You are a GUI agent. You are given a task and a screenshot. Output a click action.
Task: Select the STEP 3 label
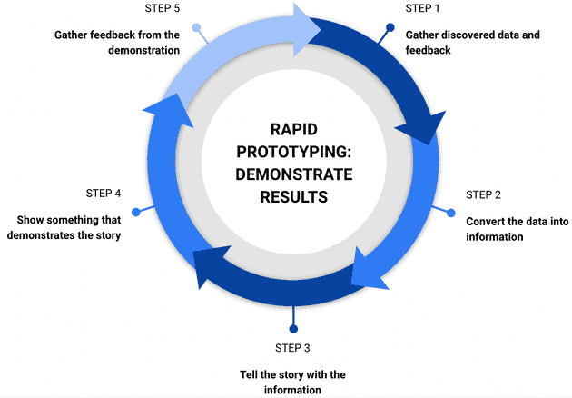tap(292, 348)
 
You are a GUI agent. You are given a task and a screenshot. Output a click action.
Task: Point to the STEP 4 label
tap(104, 194)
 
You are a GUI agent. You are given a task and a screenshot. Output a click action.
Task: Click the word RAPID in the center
tap(292, 130)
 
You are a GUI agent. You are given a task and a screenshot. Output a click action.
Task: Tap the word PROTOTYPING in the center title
tap(292, 152)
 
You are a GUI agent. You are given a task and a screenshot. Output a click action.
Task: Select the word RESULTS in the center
tap(292, 195)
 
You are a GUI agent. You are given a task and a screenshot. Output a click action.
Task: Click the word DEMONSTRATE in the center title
tap(292, 174)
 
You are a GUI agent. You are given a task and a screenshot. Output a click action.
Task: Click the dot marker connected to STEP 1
tap(390, 27)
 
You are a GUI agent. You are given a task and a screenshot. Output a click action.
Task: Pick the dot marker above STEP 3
tap(292, 328)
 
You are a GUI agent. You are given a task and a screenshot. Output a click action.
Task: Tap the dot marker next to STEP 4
tap(136, 212)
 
